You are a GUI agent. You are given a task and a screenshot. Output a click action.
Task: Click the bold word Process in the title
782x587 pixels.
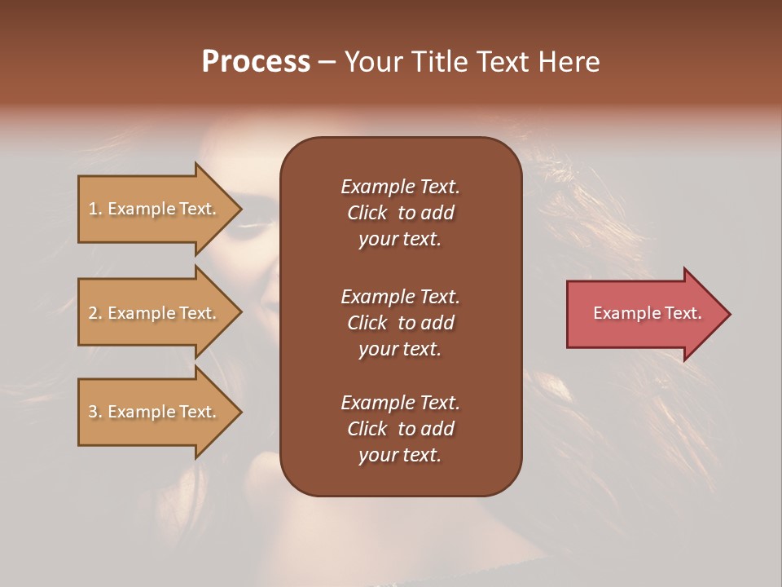pos(256,62)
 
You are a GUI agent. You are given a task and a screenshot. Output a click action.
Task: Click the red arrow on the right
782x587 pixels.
pos(644,314)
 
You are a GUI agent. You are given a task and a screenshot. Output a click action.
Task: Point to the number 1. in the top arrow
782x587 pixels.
pos(94,209)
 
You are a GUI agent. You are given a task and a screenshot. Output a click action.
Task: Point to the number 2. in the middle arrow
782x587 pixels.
pos(94,313)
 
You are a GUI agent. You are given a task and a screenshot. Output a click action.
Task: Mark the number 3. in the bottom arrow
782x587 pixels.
pos(94,412)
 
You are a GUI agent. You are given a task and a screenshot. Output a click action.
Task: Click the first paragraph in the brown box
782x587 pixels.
pos(401,213)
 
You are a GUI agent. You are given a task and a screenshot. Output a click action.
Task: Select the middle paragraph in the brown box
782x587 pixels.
pos(401,323)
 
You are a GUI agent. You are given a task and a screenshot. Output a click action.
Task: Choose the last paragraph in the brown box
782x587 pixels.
pos(401,429)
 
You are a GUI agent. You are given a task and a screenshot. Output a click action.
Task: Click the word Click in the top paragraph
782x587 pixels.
pos(367,213)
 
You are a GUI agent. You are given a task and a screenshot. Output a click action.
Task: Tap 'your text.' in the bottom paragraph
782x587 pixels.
pos(400,455)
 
